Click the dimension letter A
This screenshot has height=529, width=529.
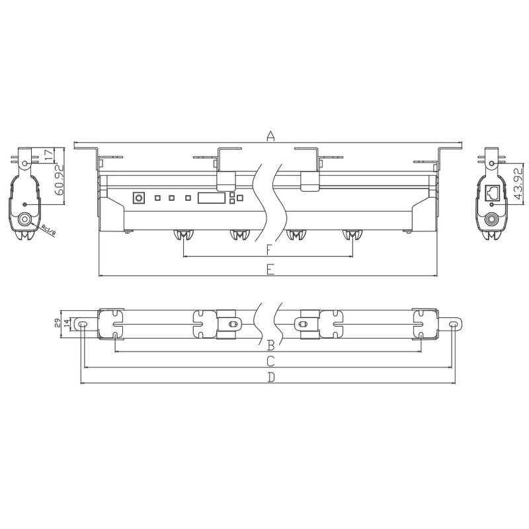(x=270, y=136)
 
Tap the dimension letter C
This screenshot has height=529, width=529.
(x=270, y=360)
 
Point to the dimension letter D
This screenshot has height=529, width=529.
(x=270, y=377)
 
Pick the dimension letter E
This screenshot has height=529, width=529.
(x=270, y=268)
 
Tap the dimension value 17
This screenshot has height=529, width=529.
(x=48, y=156)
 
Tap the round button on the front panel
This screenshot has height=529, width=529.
(x=139, y=197)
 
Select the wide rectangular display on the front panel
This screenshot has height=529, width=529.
(x=212, y=197)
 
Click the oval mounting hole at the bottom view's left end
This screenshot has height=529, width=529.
(x=83, y=325)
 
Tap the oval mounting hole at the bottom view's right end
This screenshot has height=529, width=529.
(x=454, y=325)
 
